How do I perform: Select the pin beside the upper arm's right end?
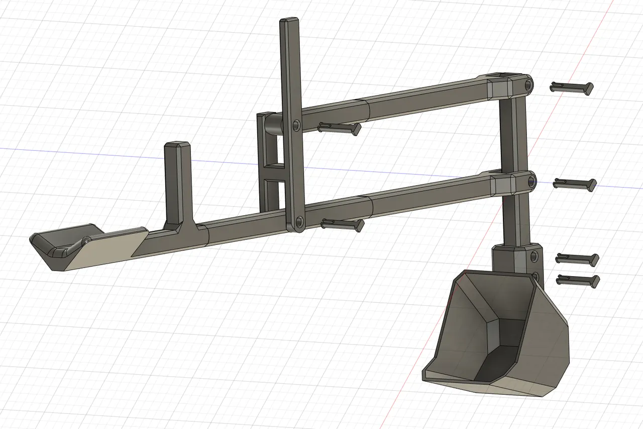[572, 88]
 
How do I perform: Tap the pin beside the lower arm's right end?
[574, 184]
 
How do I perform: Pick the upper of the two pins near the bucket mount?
[577, 259]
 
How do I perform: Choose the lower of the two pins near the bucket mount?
[578, 280]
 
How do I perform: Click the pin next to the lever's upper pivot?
[339, 128]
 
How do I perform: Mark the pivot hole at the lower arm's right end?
[530, 182]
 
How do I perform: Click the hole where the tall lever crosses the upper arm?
[296, 124]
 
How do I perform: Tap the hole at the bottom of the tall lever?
[299, 221]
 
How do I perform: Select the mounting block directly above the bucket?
[515, 259]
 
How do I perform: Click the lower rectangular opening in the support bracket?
[271, 194]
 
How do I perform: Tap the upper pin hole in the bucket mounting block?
[534, 257]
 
